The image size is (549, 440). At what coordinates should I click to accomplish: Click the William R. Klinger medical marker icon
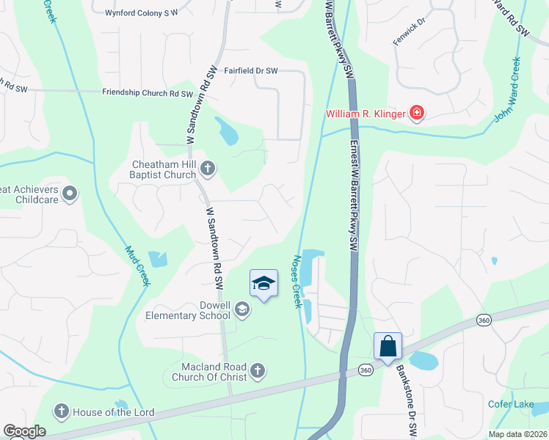(x=417, y=113)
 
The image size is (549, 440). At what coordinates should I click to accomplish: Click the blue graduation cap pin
(x=264, y=284)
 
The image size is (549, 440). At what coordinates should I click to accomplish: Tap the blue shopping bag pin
(x=388, y=346)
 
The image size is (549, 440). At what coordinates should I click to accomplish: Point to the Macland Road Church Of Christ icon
(x=257, y=371)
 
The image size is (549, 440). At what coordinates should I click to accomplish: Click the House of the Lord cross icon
(x=62, y=411)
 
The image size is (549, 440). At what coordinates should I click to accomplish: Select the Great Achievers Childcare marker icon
(x=70, y=194)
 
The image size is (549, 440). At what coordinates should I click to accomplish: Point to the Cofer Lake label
(x=510, y=404)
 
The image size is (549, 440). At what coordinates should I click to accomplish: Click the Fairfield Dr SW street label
(x=251, y=71)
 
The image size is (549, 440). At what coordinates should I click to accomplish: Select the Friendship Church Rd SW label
(x=147, y=93)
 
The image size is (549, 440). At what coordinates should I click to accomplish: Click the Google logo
(x=24, y=431)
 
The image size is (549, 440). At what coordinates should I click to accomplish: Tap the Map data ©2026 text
(x=517, y=434)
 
